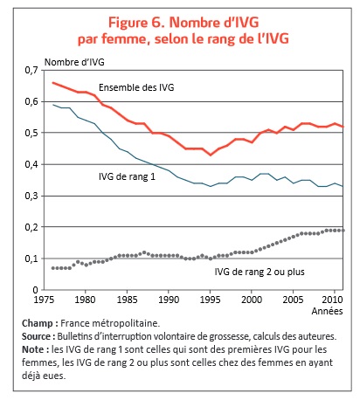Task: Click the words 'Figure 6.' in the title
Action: pos(135,21)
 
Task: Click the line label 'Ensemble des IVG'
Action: pos(138,88)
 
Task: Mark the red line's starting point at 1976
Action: pos(53,82)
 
